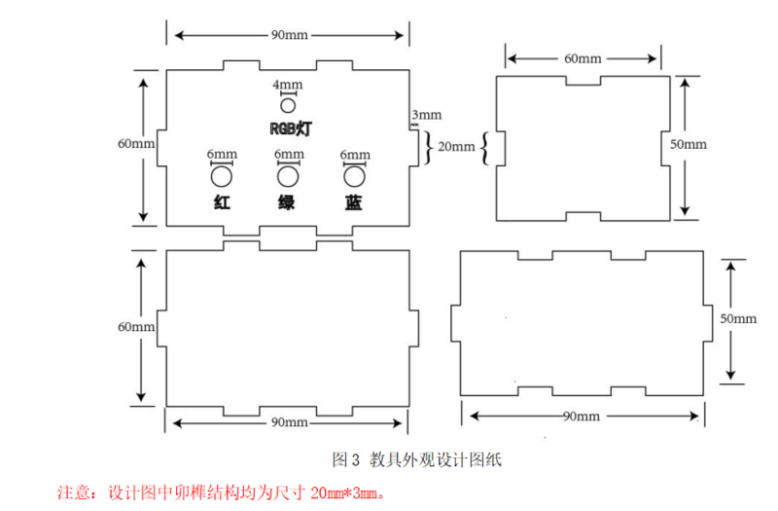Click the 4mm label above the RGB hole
click(x=288, y=86)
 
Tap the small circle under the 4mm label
click(x=288, y=105)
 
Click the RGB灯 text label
click(x=290, y=128)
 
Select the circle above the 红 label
click(x=223, y=176)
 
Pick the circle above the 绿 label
click(x=288, y=176)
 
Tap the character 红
click(x=223, y=203)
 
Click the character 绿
click(x=288, y=203)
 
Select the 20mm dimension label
click(x=457, y=147)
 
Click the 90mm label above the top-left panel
click(x=290, y=35)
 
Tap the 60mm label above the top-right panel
click(x=583, y=58)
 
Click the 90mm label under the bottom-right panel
click(x=582, y=416)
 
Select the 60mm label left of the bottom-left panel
click(x=136, y=326)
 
